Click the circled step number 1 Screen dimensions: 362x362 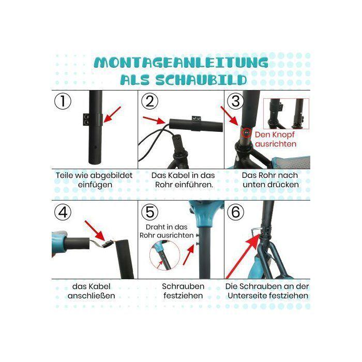(63, 101)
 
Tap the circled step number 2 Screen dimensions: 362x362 (149, 101)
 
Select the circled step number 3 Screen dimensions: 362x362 (235, 101)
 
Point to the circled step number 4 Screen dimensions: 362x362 (63, 212)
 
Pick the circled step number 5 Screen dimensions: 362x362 (149, 212)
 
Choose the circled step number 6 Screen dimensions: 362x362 (235, 212)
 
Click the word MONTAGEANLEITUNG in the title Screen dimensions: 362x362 (181, 63)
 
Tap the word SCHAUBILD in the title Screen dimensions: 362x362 (201, 80)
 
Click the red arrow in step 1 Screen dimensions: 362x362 (112, 114)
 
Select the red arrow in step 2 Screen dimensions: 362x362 (154, 120)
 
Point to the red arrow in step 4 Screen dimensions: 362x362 (95, 231)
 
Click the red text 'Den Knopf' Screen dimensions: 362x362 (275, 134)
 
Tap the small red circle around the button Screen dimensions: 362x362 (246, 133)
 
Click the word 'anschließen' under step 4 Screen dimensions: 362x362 (92, 296)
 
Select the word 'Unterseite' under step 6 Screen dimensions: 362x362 (247, 296)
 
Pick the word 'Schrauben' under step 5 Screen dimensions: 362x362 (183, 286)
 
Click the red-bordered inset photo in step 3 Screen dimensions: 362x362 (286, 114)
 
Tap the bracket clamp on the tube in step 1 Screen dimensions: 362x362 (93, 119)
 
